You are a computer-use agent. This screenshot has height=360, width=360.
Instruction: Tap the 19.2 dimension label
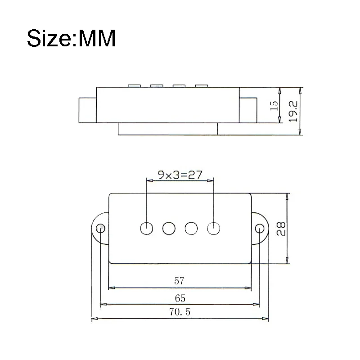(292, 111)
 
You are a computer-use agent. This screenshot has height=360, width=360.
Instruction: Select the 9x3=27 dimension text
(179, 175)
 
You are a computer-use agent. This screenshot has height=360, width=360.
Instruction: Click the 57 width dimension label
(179, 281)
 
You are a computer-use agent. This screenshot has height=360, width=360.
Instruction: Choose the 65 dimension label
(179, 298)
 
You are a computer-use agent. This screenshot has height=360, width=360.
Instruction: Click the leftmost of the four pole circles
(147, 228)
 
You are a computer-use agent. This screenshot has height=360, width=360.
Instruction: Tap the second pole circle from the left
(169, 228)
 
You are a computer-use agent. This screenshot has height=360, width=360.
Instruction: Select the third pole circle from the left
(191, 228)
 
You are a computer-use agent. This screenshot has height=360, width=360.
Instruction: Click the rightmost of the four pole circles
(213, 228)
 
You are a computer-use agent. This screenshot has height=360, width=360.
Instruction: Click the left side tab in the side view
(88, 109)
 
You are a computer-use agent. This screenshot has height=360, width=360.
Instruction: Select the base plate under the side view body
(167, 129)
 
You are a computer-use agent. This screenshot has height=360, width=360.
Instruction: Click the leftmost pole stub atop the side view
(135, 85)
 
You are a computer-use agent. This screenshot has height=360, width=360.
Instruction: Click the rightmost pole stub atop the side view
(201, 85)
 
